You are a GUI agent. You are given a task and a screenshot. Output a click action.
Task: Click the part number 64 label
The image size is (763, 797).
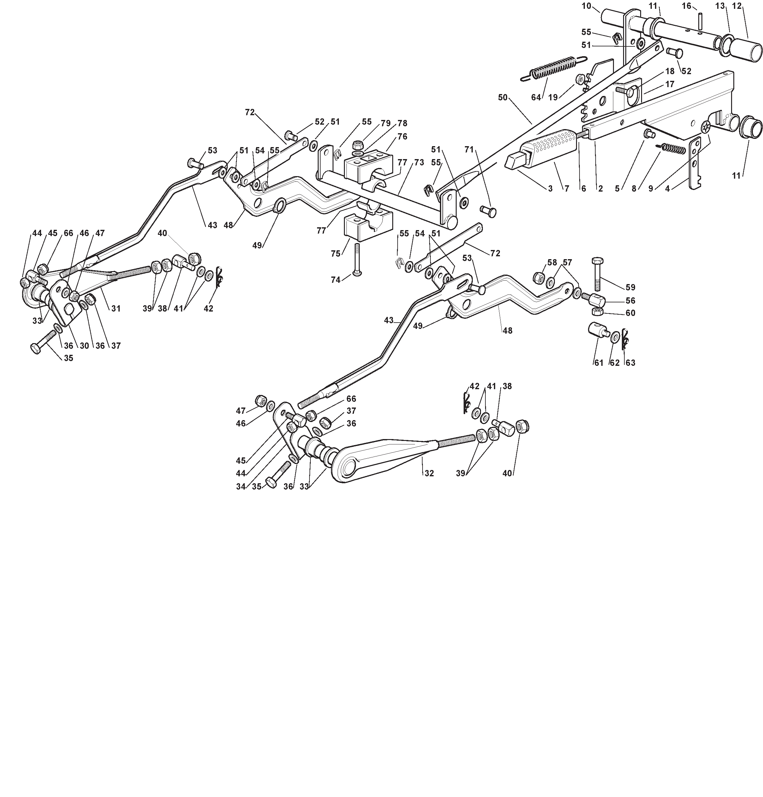pyautogui.click(x=536, y=97)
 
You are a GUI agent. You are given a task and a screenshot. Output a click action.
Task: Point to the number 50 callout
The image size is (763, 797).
pyautogui.click(x=503, y=98)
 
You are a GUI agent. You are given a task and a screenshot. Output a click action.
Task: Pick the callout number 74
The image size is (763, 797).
pyautogui.click(x=335, y=280)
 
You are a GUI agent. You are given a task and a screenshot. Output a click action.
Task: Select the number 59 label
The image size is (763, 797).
pyautogui.click(x=630, y=287)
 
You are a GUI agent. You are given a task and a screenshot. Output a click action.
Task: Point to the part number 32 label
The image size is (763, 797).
pyautogui.click(x=429, y=473)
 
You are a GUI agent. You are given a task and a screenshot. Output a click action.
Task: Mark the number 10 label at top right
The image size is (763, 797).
pyautogui.click(x=586, y=6)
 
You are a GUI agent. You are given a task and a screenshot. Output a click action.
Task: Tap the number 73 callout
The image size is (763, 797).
pyautogui.click(x=419, y=162)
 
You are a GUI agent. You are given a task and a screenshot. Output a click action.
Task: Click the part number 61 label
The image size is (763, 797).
pyautogui.click(x=599, y=363)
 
